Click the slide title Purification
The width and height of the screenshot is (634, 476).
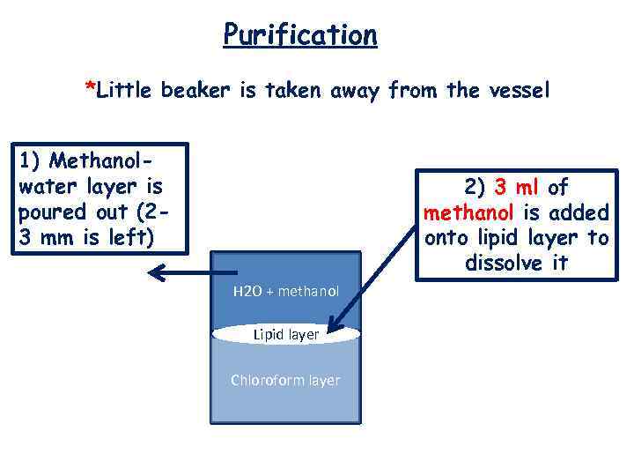[x=300, y=35]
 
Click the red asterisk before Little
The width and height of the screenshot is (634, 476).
[x=89, y=86]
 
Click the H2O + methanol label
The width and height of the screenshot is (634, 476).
[x=285, y=291]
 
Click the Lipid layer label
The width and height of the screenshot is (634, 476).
[x=285, y=335]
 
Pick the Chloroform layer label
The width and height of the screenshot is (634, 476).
[x=285, y=380]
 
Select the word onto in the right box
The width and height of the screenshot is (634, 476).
[x=447, y=238]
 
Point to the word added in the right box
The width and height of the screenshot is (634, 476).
[x=577, y=212]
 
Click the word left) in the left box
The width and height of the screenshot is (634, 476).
[x=132, y=238]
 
